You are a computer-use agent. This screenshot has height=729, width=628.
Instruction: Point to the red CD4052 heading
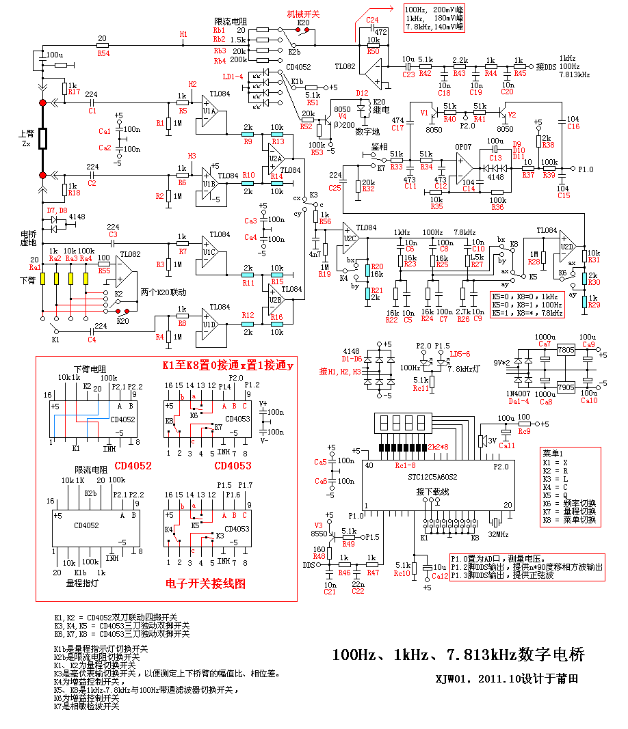(x=133, y=466)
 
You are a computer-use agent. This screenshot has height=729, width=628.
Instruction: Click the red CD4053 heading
(x=233, y=466)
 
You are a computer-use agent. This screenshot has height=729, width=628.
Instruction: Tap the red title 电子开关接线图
(x=205, y=584)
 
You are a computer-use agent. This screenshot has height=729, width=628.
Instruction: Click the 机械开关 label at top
(x=301, y=13)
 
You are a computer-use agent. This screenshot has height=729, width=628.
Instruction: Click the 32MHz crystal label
(x=498, y=534)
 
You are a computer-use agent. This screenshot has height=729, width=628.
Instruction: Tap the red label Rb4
(x=220, y=60)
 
